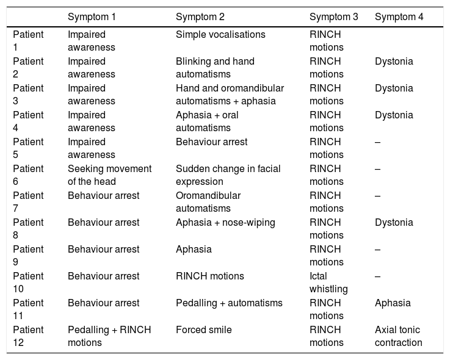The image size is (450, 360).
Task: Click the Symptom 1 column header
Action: pyautogui.click(x=92, y=17)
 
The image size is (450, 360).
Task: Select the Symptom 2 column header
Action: pyautogui.click(x=200, y=17)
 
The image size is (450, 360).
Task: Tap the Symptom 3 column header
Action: pyautogui.click(x=334, y=17)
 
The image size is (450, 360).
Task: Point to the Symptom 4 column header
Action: pyautogui.click(x=399, y=17)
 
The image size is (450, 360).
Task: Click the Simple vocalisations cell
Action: pyautogui.click(x=220, y=34)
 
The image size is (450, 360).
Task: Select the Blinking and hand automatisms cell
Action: pyautogui.click(x=215, y=68)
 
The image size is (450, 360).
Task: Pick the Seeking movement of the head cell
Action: pyautogui.click(x=109, y=175)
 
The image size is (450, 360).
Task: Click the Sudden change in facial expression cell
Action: pyautogui.click(x=228, y=175)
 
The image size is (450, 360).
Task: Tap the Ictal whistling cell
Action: pyautogui.click(x=328, y=283)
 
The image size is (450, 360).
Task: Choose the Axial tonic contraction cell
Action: pyautogui.click(x=398, y=336)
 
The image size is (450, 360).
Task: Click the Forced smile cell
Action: pyautogui.click(x=204, y=330)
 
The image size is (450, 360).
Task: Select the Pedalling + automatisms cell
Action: pyautogui.click(x=229, y=303)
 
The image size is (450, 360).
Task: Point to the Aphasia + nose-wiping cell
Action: pyautogui.click(x=225, y=223)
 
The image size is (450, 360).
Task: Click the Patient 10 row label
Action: pyautogui.click(x=28, y=283)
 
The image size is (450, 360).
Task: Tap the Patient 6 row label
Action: pyautogui.click(x=28, y=175)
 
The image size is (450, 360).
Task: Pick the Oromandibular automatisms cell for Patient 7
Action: pyautogui.click(x=208, y=202)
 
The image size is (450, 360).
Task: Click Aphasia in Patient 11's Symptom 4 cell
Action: pyautogui.click(x=393, y=303)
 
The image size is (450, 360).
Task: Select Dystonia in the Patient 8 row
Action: pyautogui.click(x=394, y=223)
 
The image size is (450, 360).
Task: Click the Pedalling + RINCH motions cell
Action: pyautogui.click(x=109, y=336)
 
